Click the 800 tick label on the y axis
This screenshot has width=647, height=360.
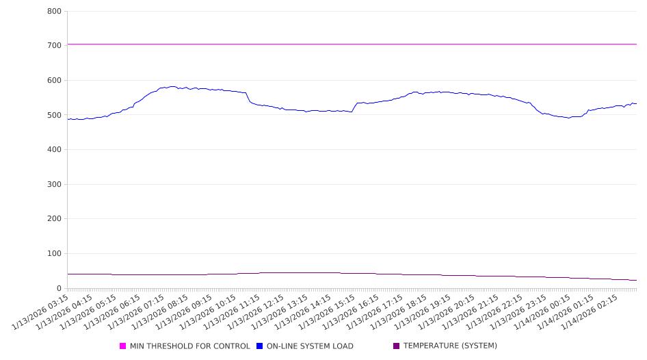pos(55,12)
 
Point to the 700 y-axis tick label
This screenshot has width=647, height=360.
pos(55,46)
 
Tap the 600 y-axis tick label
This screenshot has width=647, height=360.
pos(55,81)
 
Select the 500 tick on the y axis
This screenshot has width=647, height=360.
pos(55,116)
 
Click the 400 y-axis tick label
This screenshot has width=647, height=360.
pos(55,150)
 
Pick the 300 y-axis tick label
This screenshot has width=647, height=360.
pos(55,185)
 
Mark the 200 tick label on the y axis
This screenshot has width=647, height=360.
pos(55,220)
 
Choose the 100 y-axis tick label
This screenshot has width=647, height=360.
pos(55,254)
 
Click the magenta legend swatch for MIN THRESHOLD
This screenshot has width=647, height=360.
pos(123,346)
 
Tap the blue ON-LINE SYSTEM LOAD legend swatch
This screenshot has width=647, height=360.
pos(259,346)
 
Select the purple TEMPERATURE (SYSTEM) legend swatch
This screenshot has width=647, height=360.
pos(396,346)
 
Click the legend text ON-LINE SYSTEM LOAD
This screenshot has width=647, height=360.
pos(310,346)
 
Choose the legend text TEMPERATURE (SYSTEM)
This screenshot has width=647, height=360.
pos(450,346)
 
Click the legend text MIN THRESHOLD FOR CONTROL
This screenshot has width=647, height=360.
pos(190,346)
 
